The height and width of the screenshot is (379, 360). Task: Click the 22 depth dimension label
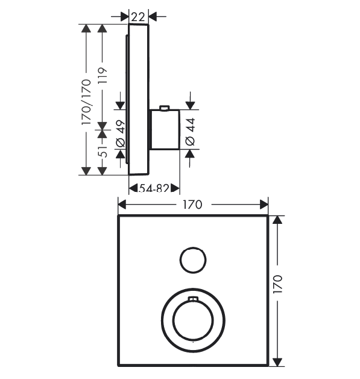click(x=138, y=17)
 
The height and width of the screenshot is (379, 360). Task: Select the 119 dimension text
click(x=103, y=75)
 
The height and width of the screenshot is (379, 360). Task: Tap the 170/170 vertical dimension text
click(x=86, y=102)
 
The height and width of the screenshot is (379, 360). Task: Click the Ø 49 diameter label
click(x=121, y=133)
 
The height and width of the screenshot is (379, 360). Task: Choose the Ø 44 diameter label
click(x=191, y=132)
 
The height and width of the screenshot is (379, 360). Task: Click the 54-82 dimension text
click(x=154, y=188)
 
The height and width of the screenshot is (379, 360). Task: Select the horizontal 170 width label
click(x=192, y=205)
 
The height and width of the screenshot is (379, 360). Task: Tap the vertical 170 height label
click(x=277, y=284)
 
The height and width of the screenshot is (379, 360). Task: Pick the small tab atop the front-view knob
click(x=193, y=299)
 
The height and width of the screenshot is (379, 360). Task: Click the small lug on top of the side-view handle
click(x=165, y=107)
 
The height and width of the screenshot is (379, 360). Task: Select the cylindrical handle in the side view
click(x=165, y=129)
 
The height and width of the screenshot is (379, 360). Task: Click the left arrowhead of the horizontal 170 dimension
click(x=122, y=205)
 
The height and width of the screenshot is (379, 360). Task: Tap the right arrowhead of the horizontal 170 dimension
click(x=264, y=205)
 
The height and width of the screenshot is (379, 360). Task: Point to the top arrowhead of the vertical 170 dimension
click(x=277, y=220)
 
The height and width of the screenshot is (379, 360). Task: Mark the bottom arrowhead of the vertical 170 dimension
click(x=277, y=362)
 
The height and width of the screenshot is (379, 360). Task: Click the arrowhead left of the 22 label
click(x=124, y=17)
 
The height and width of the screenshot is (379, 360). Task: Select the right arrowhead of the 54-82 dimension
click(x=175, y=188)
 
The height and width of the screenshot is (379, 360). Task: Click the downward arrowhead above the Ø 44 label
click(x=191, y=106)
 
